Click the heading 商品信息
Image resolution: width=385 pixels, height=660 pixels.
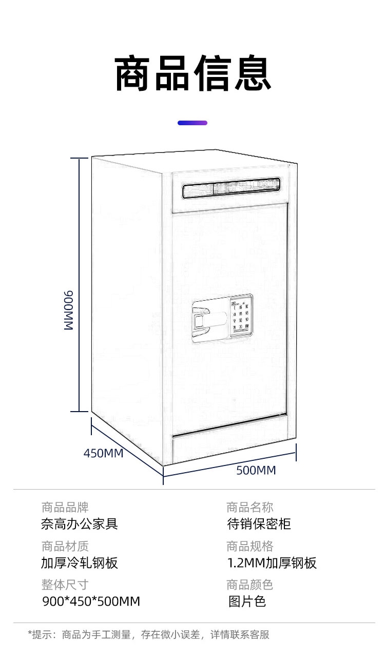click(x=192, y=75)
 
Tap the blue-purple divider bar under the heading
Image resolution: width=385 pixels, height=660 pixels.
click(x=192, y=123)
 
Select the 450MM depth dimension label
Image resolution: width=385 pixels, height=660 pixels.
click(x=103, y=453)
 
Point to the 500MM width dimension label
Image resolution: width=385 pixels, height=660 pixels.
click(x=256, y=470)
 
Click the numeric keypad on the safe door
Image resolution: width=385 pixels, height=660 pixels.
click(x=241, y=315)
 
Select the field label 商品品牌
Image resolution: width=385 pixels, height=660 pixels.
click(x=65, y=508)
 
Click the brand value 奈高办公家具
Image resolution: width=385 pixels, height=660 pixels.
click(x=80, y=524)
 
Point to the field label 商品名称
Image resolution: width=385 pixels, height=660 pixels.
click(x=249, y=508)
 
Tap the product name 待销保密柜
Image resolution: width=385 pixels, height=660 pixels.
click(x=259, y=524)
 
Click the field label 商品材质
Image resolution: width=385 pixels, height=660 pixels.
click(x=65, y=546)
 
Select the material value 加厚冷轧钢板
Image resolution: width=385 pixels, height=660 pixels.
click(x=80, y=563)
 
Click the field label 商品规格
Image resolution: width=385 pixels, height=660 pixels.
click(x=249, y=546)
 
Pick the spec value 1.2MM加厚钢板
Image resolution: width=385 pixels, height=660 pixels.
click(x=272, y=563)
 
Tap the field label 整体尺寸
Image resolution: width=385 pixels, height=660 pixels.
click(x=65, y=585)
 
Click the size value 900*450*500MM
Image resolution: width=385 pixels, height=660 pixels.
click(x=91, y=601)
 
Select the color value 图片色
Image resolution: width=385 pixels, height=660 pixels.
click(x=247, y=601)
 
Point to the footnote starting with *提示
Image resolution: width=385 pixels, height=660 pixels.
click(x=148, y=635)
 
